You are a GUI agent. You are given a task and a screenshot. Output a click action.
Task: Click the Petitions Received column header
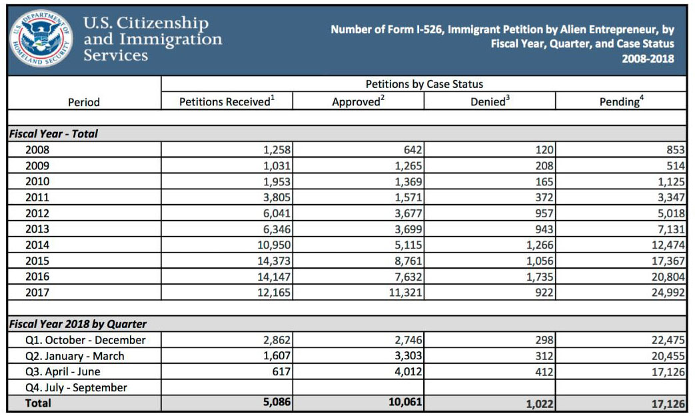227,101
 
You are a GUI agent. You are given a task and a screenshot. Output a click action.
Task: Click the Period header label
84,102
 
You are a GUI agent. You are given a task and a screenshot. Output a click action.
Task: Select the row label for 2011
37,197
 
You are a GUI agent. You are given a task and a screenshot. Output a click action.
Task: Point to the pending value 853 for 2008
674,150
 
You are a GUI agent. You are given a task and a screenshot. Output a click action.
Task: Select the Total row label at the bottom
38,403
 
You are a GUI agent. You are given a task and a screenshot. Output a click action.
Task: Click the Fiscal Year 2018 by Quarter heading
77,324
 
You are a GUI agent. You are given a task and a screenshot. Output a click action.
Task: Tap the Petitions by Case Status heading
424,85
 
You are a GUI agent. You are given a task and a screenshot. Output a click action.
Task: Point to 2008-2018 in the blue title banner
648,59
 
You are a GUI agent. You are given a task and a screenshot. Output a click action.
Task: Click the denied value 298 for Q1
544,340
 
